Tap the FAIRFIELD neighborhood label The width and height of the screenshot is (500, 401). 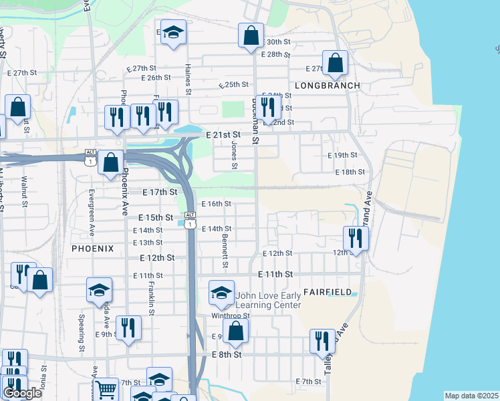click(328, 292)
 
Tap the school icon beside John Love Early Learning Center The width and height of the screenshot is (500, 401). click(221, 292)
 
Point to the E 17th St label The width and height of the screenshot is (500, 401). click(160, 192)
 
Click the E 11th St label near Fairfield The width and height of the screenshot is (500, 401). click(275, 274)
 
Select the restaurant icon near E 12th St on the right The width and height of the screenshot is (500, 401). click(356, 239)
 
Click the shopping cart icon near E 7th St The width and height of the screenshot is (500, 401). click(106, 390)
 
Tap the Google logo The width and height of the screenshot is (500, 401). click(22, 393)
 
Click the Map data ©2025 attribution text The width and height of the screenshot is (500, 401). click(472, 396)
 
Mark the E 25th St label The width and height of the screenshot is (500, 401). click(233, 85)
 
